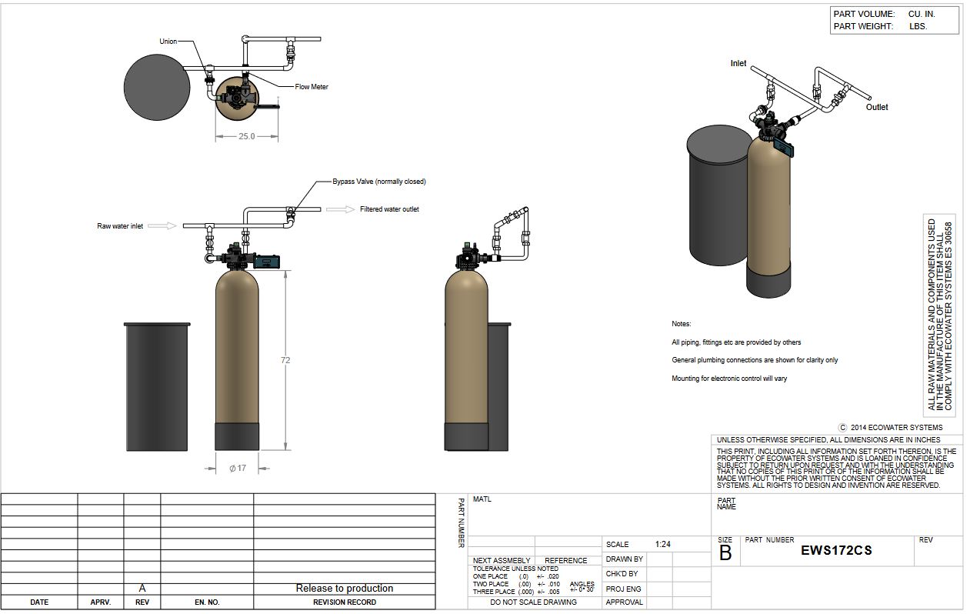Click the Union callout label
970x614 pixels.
click(168, 42)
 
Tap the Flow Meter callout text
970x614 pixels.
click(312, 87)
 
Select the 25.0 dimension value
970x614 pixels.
click(246, 136)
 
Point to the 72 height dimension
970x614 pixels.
click(285, 360)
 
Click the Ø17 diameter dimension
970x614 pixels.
click(238, 468)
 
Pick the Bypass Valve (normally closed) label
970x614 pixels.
click(379, 182)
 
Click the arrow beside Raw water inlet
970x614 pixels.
click(165, 225)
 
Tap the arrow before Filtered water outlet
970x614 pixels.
click(340, 209)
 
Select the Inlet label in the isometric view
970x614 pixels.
click(738, 63)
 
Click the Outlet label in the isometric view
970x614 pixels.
click(876, 107)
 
